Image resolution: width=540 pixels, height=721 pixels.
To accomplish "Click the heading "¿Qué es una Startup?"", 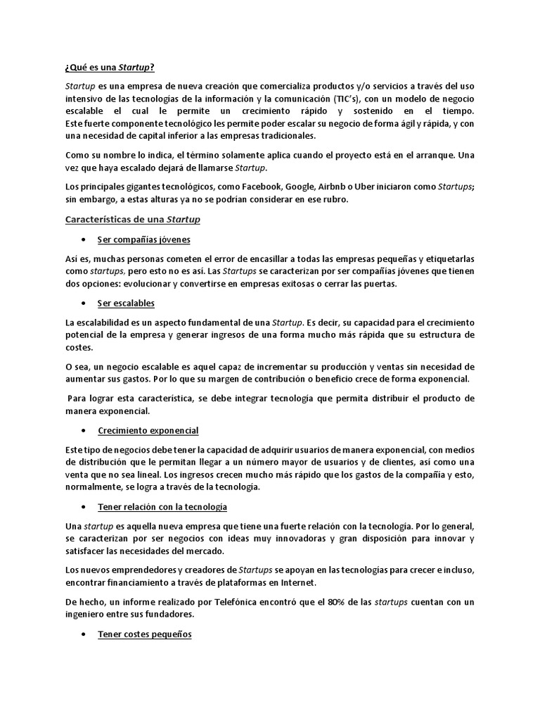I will (110, 68).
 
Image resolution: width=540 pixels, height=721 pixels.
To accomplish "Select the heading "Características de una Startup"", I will (132, 220).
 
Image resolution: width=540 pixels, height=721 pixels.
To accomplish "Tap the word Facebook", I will (262, 187).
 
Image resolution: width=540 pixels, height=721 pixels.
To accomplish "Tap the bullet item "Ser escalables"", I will (126, 303).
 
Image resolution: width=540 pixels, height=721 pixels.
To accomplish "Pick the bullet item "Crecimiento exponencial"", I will (148, 430).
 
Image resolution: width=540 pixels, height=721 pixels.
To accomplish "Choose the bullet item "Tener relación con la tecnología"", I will (162, 506).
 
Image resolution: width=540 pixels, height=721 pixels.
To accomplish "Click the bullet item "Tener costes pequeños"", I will (145, 634).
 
